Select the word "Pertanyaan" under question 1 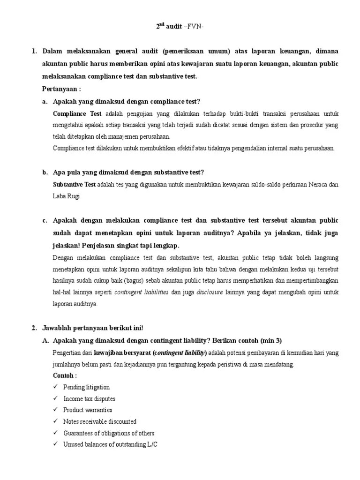pyautogui.click(x=58, y=89)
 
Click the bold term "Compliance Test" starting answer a pyautogui.click(x=77, y=114)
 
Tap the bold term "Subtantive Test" pyautogui.click(x=74, y=185)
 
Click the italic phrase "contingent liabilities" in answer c pyautogui.click(x=142, y=292)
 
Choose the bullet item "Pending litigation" pyautogui.click(x=86, y=387)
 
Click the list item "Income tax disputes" pyautogui.click(x=89, y=399)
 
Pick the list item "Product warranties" pyautogui.click(x=88, y=410)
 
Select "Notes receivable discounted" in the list pyautogui.click(x=100, y=421)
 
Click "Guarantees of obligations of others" pyautogui.click(x=109, y=433)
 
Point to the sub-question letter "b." pyautogui.click(x=45, y=172)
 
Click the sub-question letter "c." pyautogui.click(x=45, y=220)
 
